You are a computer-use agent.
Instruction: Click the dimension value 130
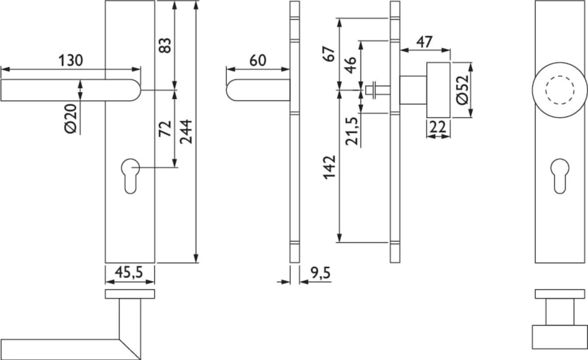click(71, 60)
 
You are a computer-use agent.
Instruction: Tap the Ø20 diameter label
click(71, 119)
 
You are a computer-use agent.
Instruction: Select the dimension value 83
click(165, 45)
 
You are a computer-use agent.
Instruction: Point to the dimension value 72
click(165, 129)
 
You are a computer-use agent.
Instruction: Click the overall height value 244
click(186, 132)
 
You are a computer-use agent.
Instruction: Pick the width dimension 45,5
click(129, 272)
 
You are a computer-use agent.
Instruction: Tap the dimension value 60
click(258, 60)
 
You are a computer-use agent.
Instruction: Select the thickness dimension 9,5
click(321, 273)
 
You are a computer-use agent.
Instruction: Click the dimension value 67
click(329, 54)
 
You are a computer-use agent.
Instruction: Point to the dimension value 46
click(350, 65)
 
